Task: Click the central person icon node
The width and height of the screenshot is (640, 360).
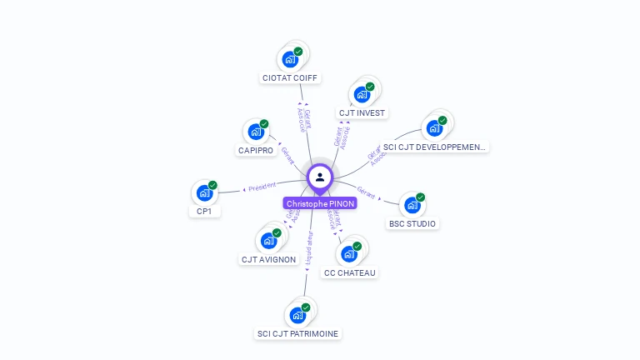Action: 320,177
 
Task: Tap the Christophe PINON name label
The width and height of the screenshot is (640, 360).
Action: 320,203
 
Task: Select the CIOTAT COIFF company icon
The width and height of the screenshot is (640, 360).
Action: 289,60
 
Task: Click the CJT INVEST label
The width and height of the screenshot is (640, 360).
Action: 362,112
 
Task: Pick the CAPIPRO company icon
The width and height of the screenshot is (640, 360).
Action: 255,132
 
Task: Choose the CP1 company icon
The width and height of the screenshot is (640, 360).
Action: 204,193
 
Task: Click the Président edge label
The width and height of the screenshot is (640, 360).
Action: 262,187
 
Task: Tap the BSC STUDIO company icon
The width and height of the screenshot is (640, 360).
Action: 412,206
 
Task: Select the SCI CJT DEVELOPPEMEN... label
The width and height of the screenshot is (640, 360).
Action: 433,147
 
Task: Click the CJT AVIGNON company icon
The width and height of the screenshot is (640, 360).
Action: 268,241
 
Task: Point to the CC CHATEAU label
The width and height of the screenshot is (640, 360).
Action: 350,272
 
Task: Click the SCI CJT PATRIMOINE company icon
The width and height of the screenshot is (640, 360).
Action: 297,316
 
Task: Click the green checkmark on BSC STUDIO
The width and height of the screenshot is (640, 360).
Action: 421,197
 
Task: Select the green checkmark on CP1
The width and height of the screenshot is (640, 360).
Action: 213,185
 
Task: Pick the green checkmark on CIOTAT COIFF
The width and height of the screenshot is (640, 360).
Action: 298,52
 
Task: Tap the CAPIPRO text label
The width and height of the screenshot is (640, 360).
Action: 255,151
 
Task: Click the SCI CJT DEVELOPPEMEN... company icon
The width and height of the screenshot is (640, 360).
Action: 433,128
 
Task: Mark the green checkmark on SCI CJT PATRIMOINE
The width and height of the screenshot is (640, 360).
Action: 306,307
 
